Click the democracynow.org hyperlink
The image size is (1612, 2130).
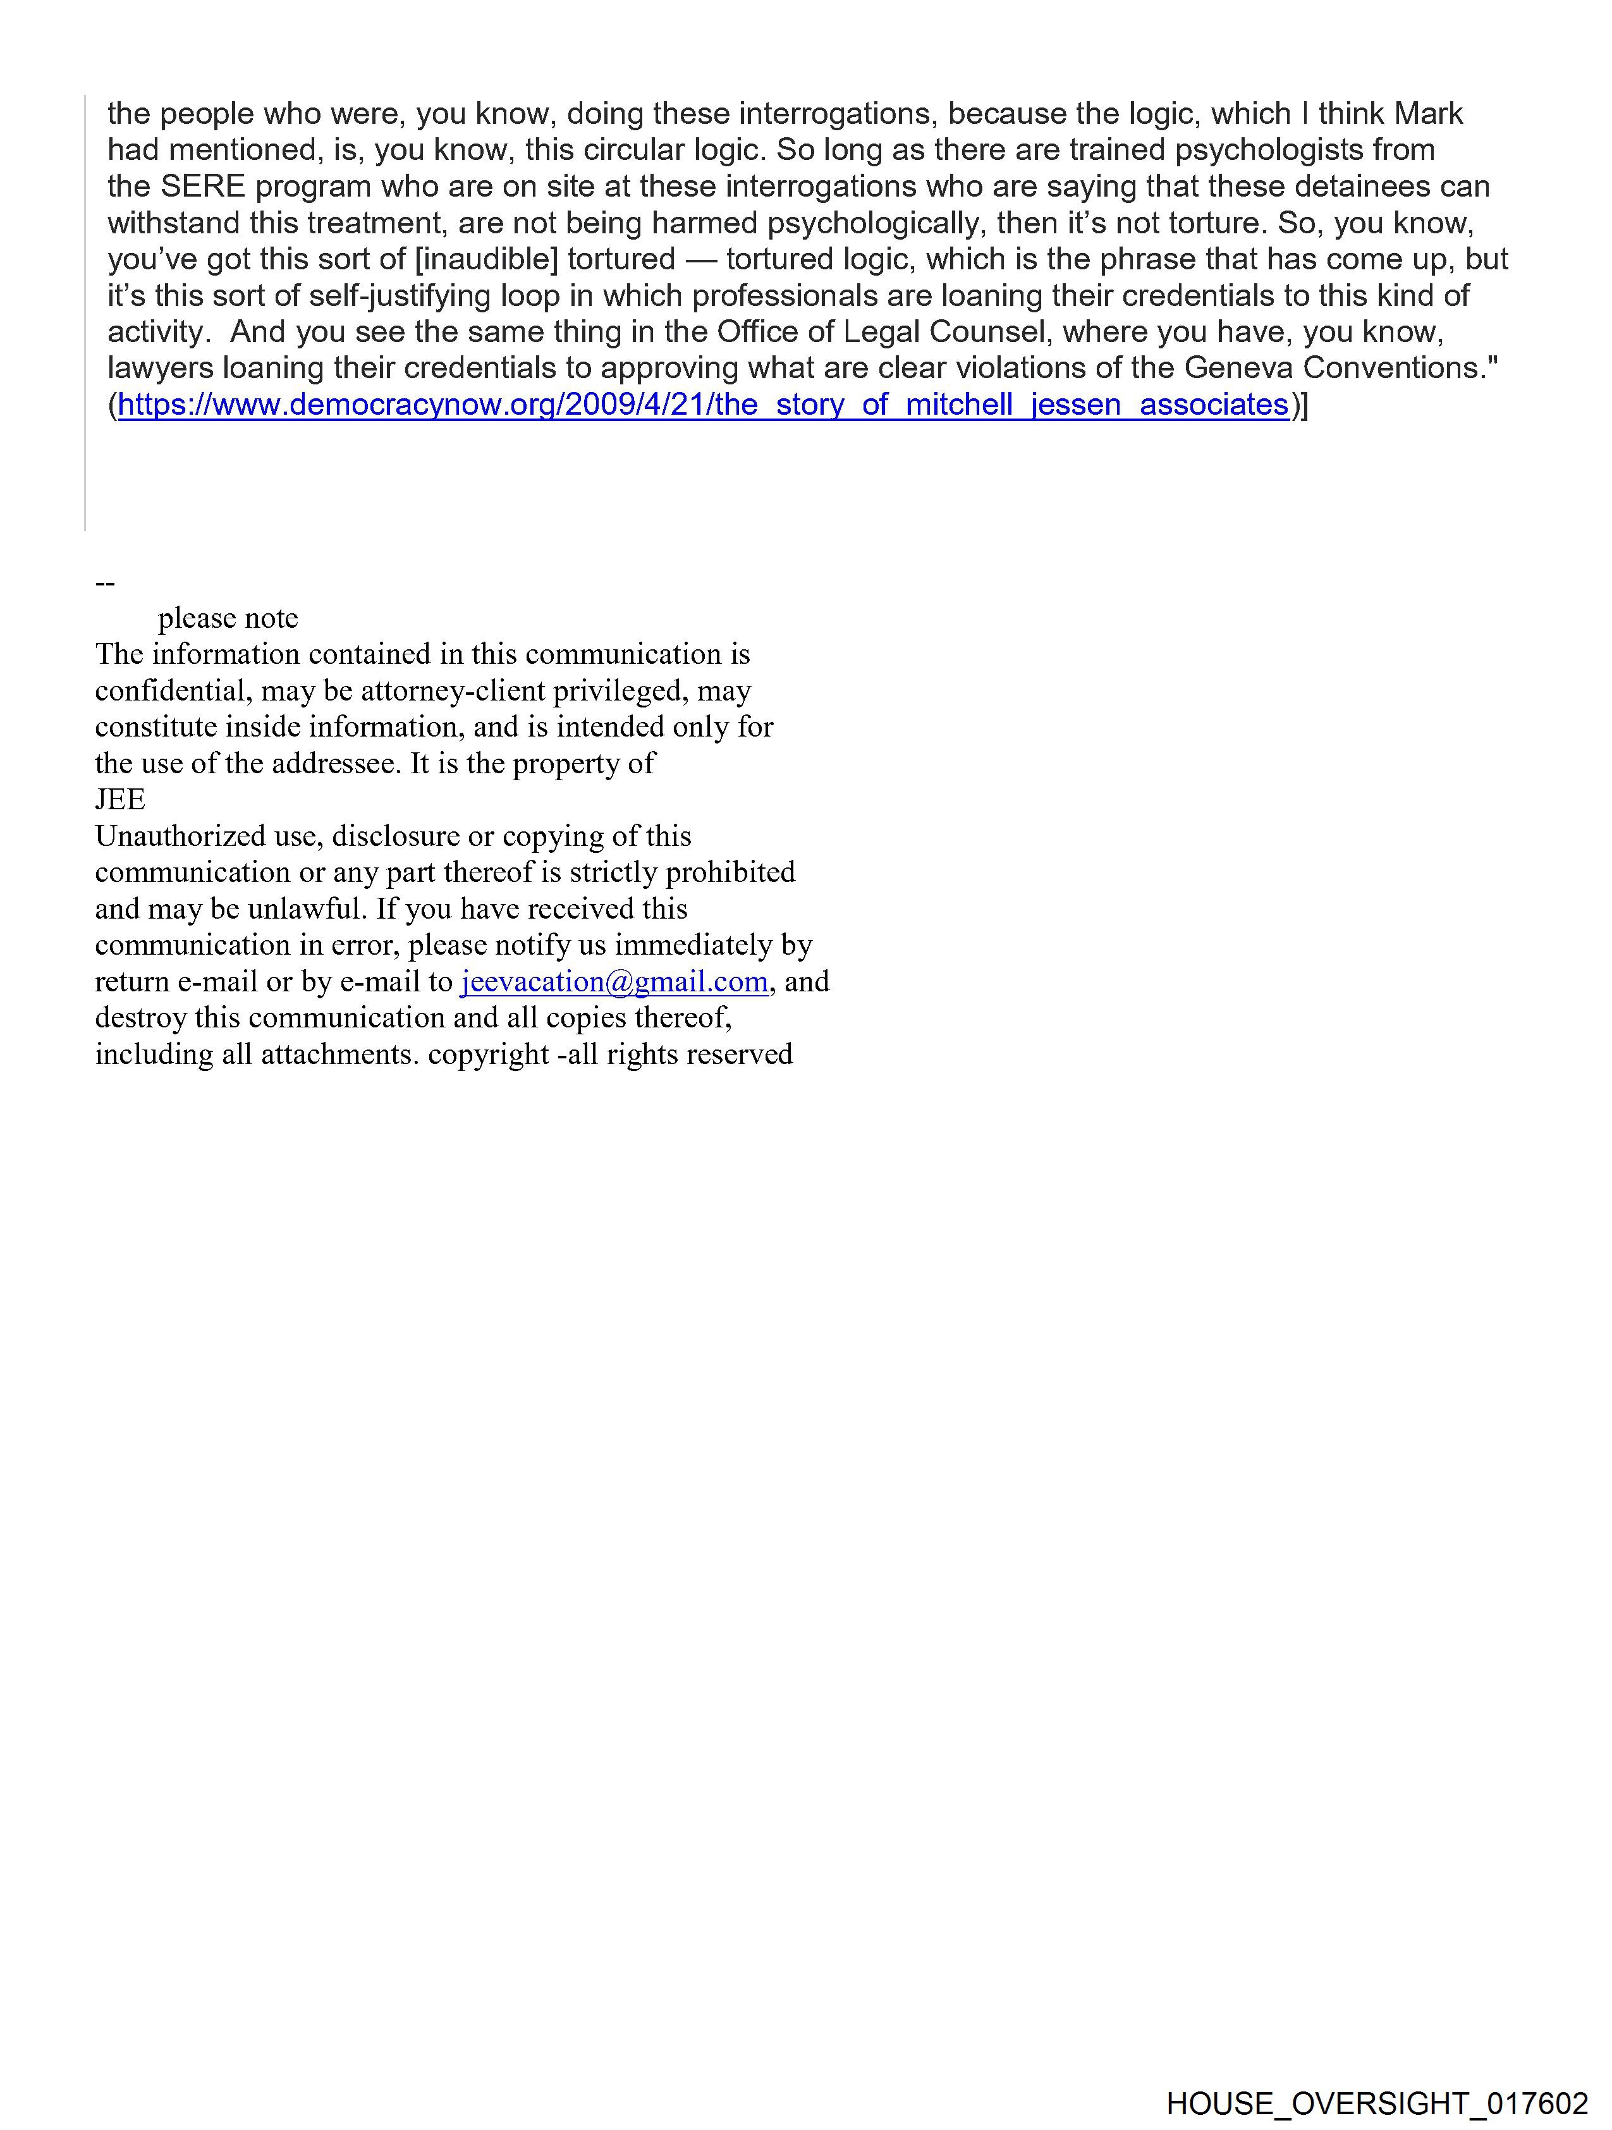[703, 405]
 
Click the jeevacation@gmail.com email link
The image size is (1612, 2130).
[614, 981]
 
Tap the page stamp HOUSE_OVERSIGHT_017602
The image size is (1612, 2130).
[1377, 2103]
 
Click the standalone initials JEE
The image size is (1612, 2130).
[120, 799]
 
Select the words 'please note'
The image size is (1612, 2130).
[228, 618]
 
